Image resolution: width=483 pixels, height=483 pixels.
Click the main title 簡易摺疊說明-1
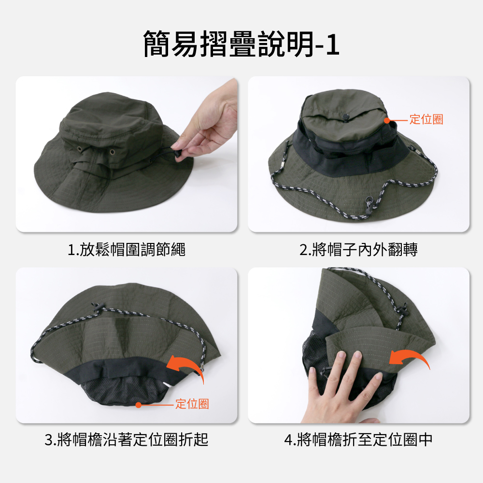point(241,44)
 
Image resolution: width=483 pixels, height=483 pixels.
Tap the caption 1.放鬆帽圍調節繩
point(126,249)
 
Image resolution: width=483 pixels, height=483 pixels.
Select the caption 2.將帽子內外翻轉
point(358,249)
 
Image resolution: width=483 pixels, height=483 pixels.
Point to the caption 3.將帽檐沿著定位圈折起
point(126,440)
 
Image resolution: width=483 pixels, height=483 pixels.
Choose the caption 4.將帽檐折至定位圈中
point(358,440)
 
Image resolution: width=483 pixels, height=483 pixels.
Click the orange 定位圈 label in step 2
point(426,119)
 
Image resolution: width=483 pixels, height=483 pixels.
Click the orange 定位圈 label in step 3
point(192,403)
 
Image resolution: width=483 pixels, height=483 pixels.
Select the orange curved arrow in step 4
point(411,357)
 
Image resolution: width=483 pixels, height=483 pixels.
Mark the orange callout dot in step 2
point(387,120)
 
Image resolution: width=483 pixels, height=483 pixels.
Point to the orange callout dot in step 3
point(139,405)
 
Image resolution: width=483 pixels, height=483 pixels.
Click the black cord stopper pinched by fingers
point(178,154)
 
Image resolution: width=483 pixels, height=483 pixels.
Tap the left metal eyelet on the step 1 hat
point(80,149)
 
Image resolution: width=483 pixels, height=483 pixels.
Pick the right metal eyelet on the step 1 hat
point(112,152)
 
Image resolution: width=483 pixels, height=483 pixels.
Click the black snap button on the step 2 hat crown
point(345,117)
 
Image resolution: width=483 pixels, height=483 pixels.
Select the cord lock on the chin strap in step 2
point(368,205)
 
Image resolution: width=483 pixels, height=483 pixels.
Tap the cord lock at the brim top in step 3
point(97,307)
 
